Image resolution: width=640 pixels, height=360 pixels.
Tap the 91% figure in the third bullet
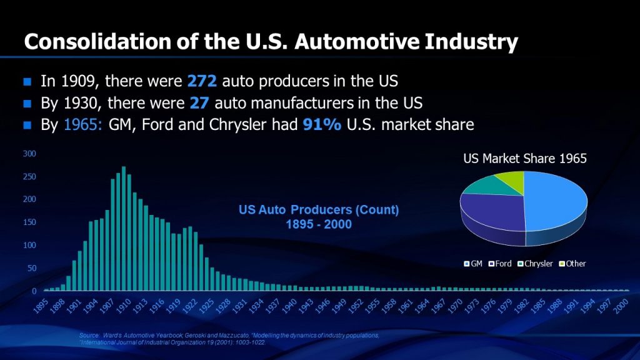pos(322,124)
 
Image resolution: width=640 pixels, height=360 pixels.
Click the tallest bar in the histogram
pos(124,229)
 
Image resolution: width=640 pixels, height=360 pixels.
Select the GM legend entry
pos(474,264)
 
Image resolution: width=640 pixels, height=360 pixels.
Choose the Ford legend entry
pos(502,264)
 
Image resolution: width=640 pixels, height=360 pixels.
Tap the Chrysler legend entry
pos(536,264)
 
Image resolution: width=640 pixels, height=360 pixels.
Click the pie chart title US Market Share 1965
pos(524,159)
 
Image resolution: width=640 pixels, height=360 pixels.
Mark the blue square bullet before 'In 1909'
pos(27,82)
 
